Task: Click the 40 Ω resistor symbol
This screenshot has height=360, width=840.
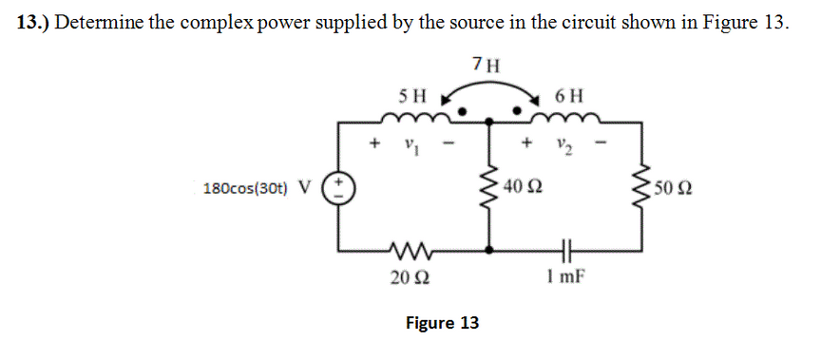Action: click(x=490, y=186)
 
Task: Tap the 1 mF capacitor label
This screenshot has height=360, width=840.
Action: click(x=566, y=277)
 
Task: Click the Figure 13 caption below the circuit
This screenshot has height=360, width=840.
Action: click(x=442, y=323)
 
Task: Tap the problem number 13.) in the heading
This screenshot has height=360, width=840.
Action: click(x=34, y=24)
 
